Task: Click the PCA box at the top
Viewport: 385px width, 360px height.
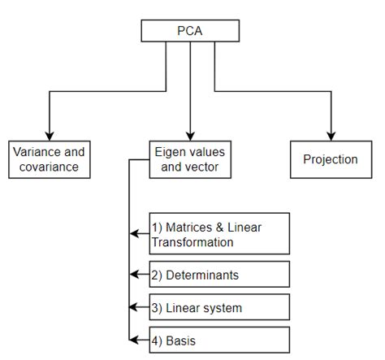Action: coord(190,31)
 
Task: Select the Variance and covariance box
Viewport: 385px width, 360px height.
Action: coord(50,159)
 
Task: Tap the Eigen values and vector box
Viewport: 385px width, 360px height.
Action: coord(190,159)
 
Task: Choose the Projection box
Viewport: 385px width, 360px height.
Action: coord(330,159)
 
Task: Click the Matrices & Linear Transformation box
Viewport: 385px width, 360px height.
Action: coord(218,234)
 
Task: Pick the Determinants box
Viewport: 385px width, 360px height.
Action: coord(218,275)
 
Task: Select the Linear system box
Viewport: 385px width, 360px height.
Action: coord(218,308)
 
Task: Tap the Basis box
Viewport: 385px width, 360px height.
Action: coord(218,340)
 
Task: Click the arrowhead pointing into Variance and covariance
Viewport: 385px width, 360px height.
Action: coord(50,135)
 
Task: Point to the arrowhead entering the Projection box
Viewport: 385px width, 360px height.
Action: coord(331,135)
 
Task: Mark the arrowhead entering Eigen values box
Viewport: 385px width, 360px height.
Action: coord(190,135)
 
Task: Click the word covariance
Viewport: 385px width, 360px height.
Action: coord(50,167)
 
